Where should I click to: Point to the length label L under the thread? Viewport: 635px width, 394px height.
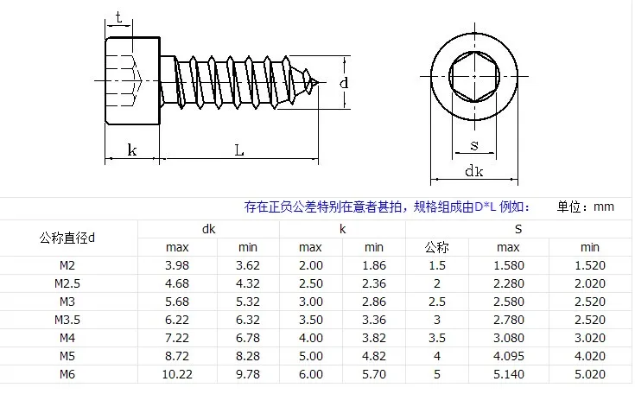239,149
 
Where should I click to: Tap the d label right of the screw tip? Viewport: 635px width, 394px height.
343,83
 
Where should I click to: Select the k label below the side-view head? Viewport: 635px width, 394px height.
132,149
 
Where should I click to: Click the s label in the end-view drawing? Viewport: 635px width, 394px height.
473,143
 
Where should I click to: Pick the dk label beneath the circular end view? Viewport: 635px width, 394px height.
473,171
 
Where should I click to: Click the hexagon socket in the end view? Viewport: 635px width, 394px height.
473,75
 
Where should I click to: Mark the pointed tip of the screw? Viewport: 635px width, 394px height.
319,84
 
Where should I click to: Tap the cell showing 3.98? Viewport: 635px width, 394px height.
176,265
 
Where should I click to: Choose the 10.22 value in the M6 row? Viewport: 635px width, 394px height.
176,374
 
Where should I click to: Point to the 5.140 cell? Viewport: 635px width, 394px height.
508,374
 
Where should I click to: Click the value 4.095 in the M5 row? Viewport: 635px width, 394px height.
508,356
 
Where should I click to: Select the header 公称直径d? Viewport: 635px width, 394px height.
68,238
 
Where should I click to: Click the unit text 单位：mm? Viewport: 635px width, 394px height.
585,207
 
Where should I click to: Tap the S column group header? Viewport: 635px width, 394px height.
518,229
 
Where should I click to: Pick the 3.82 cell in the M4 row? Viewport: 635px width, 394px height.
373,338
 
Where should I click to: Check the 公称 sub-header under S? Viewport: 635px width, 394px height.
437,248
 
